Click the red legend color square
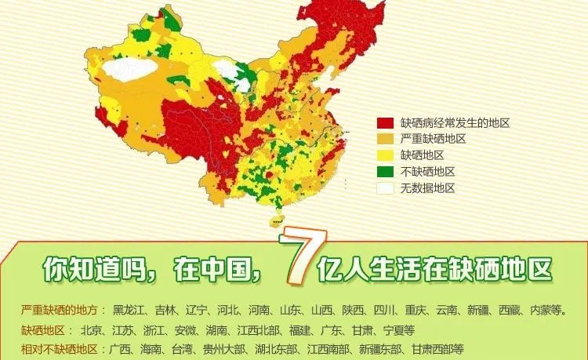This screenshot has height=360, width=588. point(385,123)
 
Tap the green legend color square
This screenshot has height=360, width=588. point(385,172)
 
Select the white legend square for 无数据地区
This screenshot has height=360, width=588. point(385,188)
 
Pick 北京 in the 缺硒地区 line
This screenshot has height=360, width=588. point(91,329)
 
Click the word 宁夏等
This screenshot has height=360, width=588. point(399,329)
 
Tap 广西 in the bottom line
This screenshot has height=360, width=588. point(120,348)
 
